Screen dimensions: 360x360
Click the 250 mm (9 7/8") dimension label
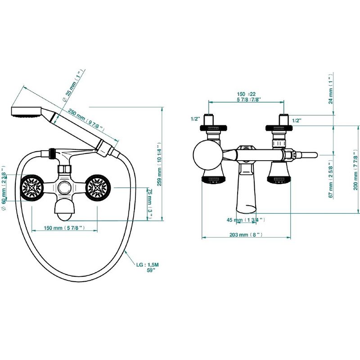86,120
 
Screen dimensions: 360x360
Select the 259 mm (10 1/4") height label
159,164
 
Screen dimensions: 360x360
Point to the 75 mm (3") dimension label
150,204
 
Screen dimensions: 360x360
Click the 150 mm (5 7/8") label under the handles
64,228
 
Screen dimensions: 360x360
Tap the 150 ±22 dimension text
246,94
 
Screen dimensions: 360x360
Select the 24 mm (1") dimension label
330,89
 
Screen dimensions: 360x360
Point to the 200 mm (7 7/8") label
355,170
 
